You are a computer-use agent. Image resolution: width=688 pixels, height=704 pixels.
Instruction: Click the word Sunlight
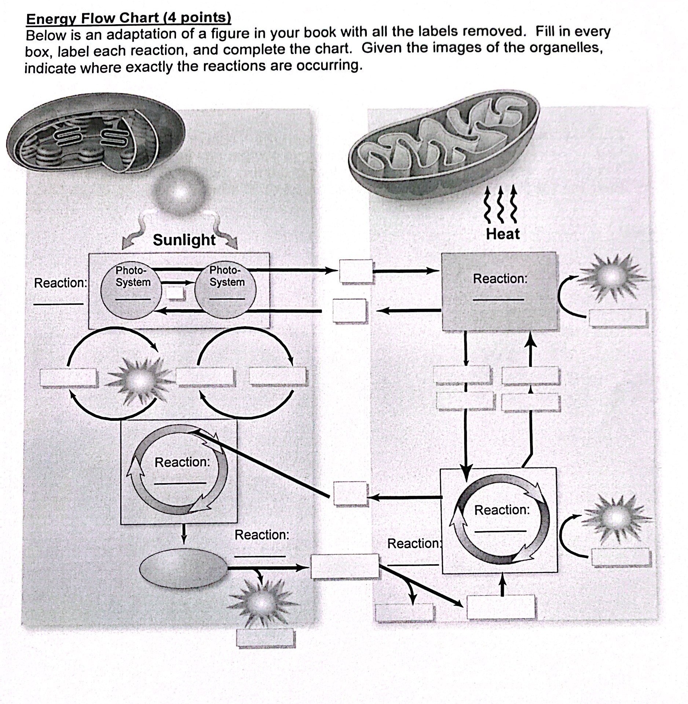coord(184,240)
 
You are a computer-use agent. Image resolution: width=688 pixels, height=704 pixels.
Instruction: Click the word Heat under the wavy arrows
coord(502,234)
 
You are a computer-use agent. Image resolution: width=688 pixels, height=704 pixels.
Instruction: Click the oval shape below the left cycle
coord(184,568)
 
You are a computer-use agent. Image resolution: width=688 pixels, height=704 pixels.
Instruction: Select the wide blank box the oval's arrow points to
coord(344,566)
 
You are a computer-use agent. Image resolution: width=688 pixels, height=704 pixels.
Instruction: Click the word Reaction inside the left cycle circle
coord(182,462)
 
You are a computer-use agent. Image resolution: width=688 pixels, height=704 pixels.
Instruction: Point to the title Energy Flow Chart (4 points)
coord(129,18)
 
